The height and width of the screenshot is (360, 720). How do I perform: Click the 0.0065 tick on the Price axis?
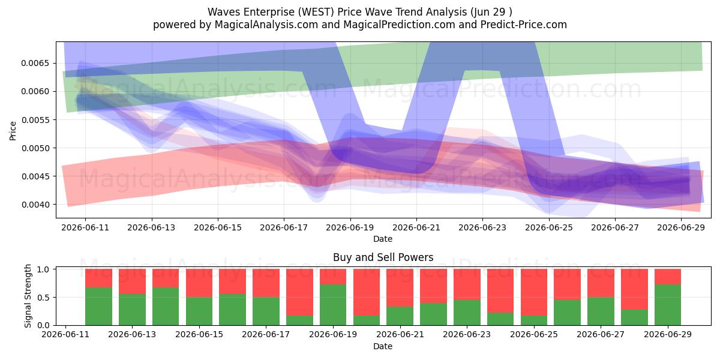pos(35,63)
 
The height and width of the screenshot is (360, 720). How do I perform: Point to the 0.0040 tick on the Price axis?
pos(35,205)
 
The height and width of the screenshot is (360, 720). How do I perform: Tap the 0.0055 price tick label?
pos(35,120)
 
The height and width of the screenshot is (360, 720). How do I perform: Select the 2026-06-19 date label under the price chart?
pos(350,227)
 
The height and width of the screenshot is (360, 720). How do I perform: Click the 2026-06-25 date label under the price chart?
pos(549,227)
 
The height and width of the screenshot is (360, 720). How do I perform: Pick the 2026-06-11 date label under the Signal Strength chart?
pos(65,334)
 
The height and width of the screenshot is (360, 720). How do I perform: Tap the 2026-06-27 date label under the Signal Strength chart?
pos(601,334)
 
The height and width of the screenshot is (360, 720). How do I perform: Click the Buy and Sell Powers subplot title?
pos(383,257)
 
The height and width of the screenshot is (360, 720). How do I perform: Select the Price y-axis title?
pos(13,131)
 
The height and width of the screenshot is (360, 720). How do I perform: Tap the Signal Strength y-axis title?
pos(28,296)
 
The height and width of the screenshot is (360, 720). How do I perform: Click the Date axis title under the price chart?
pos(383,239)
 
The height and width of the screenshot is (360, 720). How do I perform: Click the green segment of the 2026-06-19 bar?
pos(333,305)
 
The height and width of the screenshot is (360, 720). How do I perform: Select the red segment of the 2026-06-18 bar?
pos(299,292)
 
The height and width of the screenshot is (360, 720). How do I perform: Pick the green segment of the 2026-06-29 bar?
pos(668,305)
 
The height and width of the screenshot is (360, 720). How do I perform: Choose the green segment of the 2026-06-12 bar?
pos(98,307)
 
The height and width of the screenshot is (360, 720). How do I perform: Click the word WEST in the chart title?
pos(316,12)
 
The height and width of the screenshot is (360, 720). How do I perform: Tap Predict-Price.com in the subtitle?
pos(524,25)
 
